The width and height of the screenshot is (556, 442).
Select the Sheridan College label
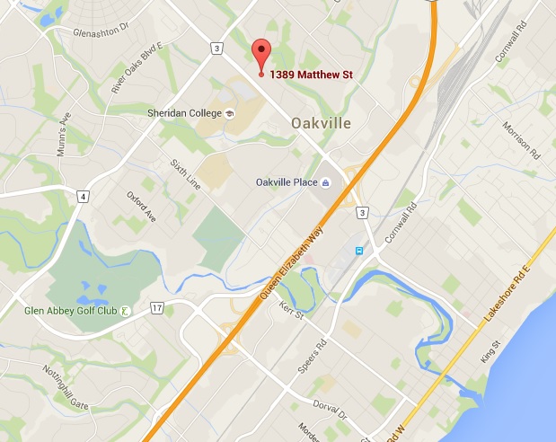184,113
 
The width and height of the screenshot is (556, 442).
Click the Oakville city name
321,123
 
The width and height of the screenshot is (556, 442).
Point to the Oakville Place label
287,183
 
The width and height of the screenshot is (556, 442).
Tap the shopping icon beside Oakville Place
326,183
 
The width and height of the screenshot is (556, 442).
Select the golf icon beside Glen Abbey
125,311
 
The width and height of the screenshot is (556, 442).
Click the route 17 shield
157,308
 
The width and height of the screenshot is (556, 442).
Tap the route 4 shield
83,196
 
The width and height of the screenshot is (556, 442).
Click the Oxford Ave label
141,208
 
